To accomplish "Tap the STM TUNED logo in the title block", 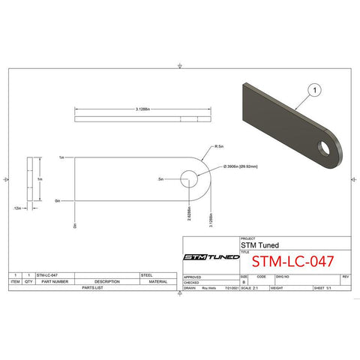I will [x=212, y=257].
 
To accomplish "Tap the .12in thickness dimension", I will [x=17, y=208].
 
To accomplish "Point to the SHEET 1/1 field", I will [x=323, y=287].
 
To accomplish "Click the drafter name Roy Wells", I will [x=208, y=287].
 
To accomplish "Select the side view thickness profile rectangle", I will [x=29, y=180].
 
